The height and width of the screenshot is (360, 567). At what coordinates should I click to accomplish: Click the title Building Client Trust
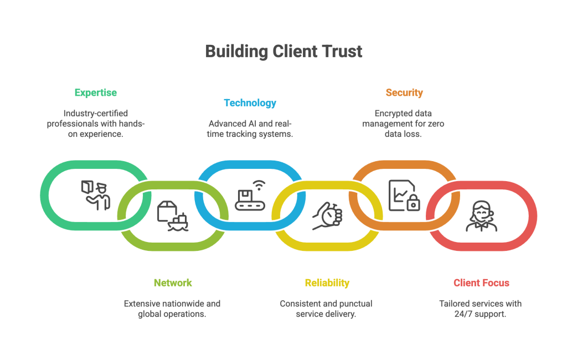[283, 52]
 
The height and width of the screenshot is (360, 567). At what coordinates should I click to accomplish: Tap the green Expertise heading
[96, 92]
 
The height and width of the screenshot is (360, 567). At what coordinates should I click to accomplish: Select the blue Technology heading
[250, 103]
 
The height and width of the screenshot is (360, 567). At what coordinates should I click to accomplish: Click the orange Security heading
[404, 92]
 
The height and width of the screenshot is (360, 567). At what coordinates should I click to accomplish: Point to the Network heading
[173, 282]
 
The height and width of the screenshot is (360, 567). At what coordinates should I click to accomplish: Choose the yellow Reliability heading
[327, 282]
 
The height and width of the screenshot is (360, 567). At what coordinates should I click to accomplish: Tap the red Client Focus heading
[481, 282]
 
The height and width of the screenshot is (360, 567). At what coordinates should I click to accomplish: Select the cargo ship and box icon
[173, 215]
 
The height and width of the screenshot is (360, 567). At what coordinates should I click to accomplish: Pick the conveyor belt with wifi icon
[250, 195]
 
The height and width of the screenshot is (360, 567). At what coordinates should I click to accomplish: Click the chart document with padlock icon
[404, 195]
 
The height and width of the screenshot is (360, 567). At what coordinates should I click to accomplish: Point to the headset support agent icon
[481, 215]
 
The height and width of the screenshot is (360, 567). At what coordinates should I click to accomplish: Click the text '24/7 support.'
[481, 314]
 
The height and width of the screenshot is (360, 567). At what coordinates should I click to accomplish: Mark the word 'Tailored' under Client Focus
[455, 304]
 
